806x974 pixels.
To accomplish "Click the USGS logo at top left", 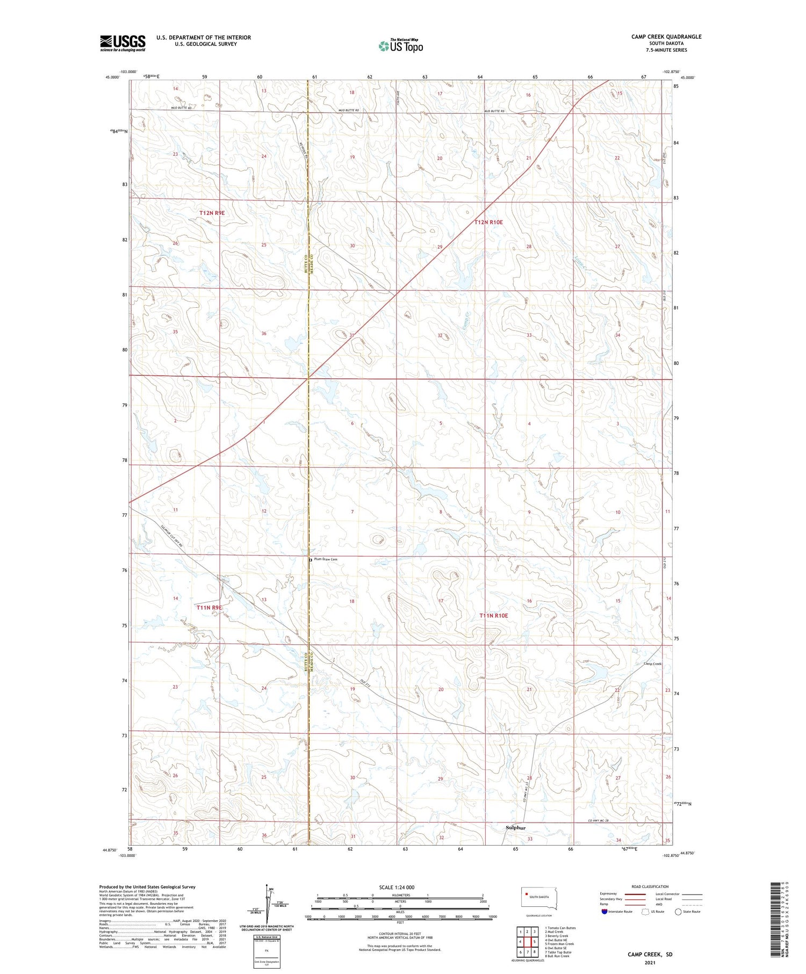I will [123, 43].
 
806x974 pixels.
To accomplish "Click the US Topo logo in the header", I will [400, 46].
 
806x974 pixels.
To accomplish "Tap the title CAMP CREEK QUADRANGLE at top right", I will [666, 37].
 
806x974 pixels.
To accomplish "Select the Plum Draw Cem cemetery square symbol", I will [310, 560].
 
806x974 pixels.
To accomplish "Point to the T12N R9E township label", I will [212, 213].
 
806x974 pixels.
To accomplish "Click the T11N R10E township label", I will [493, 616].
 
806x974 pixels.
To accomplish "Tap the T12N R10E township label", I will [488, 222].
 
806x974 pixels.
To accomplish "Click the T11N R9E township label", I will [209, 608].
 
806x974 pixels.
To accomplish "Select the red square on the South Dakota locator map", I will [527, 894].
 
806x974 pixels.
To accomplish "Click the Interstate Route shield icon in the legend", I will [604, 912].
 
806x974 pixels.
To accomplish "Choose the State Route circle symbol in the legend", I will [678, 912].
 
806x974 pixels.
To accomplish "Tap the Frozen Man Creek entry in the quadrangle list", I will [559, 944].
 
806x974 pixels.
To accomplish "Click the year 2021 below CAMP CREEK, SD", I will [650, 963].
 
